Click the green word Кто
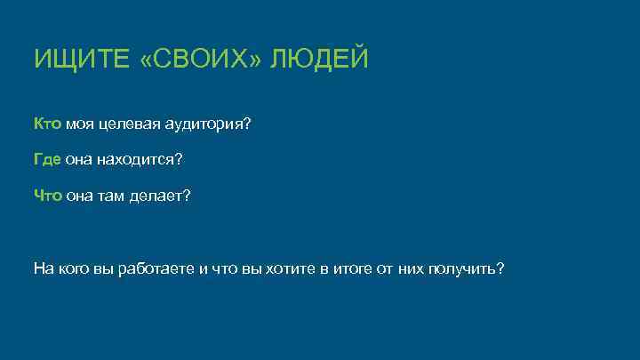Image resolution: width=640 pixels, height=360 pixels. pyautogui.click(x=47, y=125)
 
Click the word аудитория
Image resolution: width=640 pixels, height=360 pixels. pyautogui.click(x=208, y=125)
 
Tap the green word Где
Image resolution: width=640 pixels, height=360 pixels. pyautogui.click(x=47, y=160)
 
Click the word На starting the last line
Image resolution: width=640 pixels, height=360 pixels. pyautogui.click(x=44, y=268)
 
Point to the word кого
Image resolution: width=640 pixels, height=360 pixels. pyautogui.click(x=74, y=268)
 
